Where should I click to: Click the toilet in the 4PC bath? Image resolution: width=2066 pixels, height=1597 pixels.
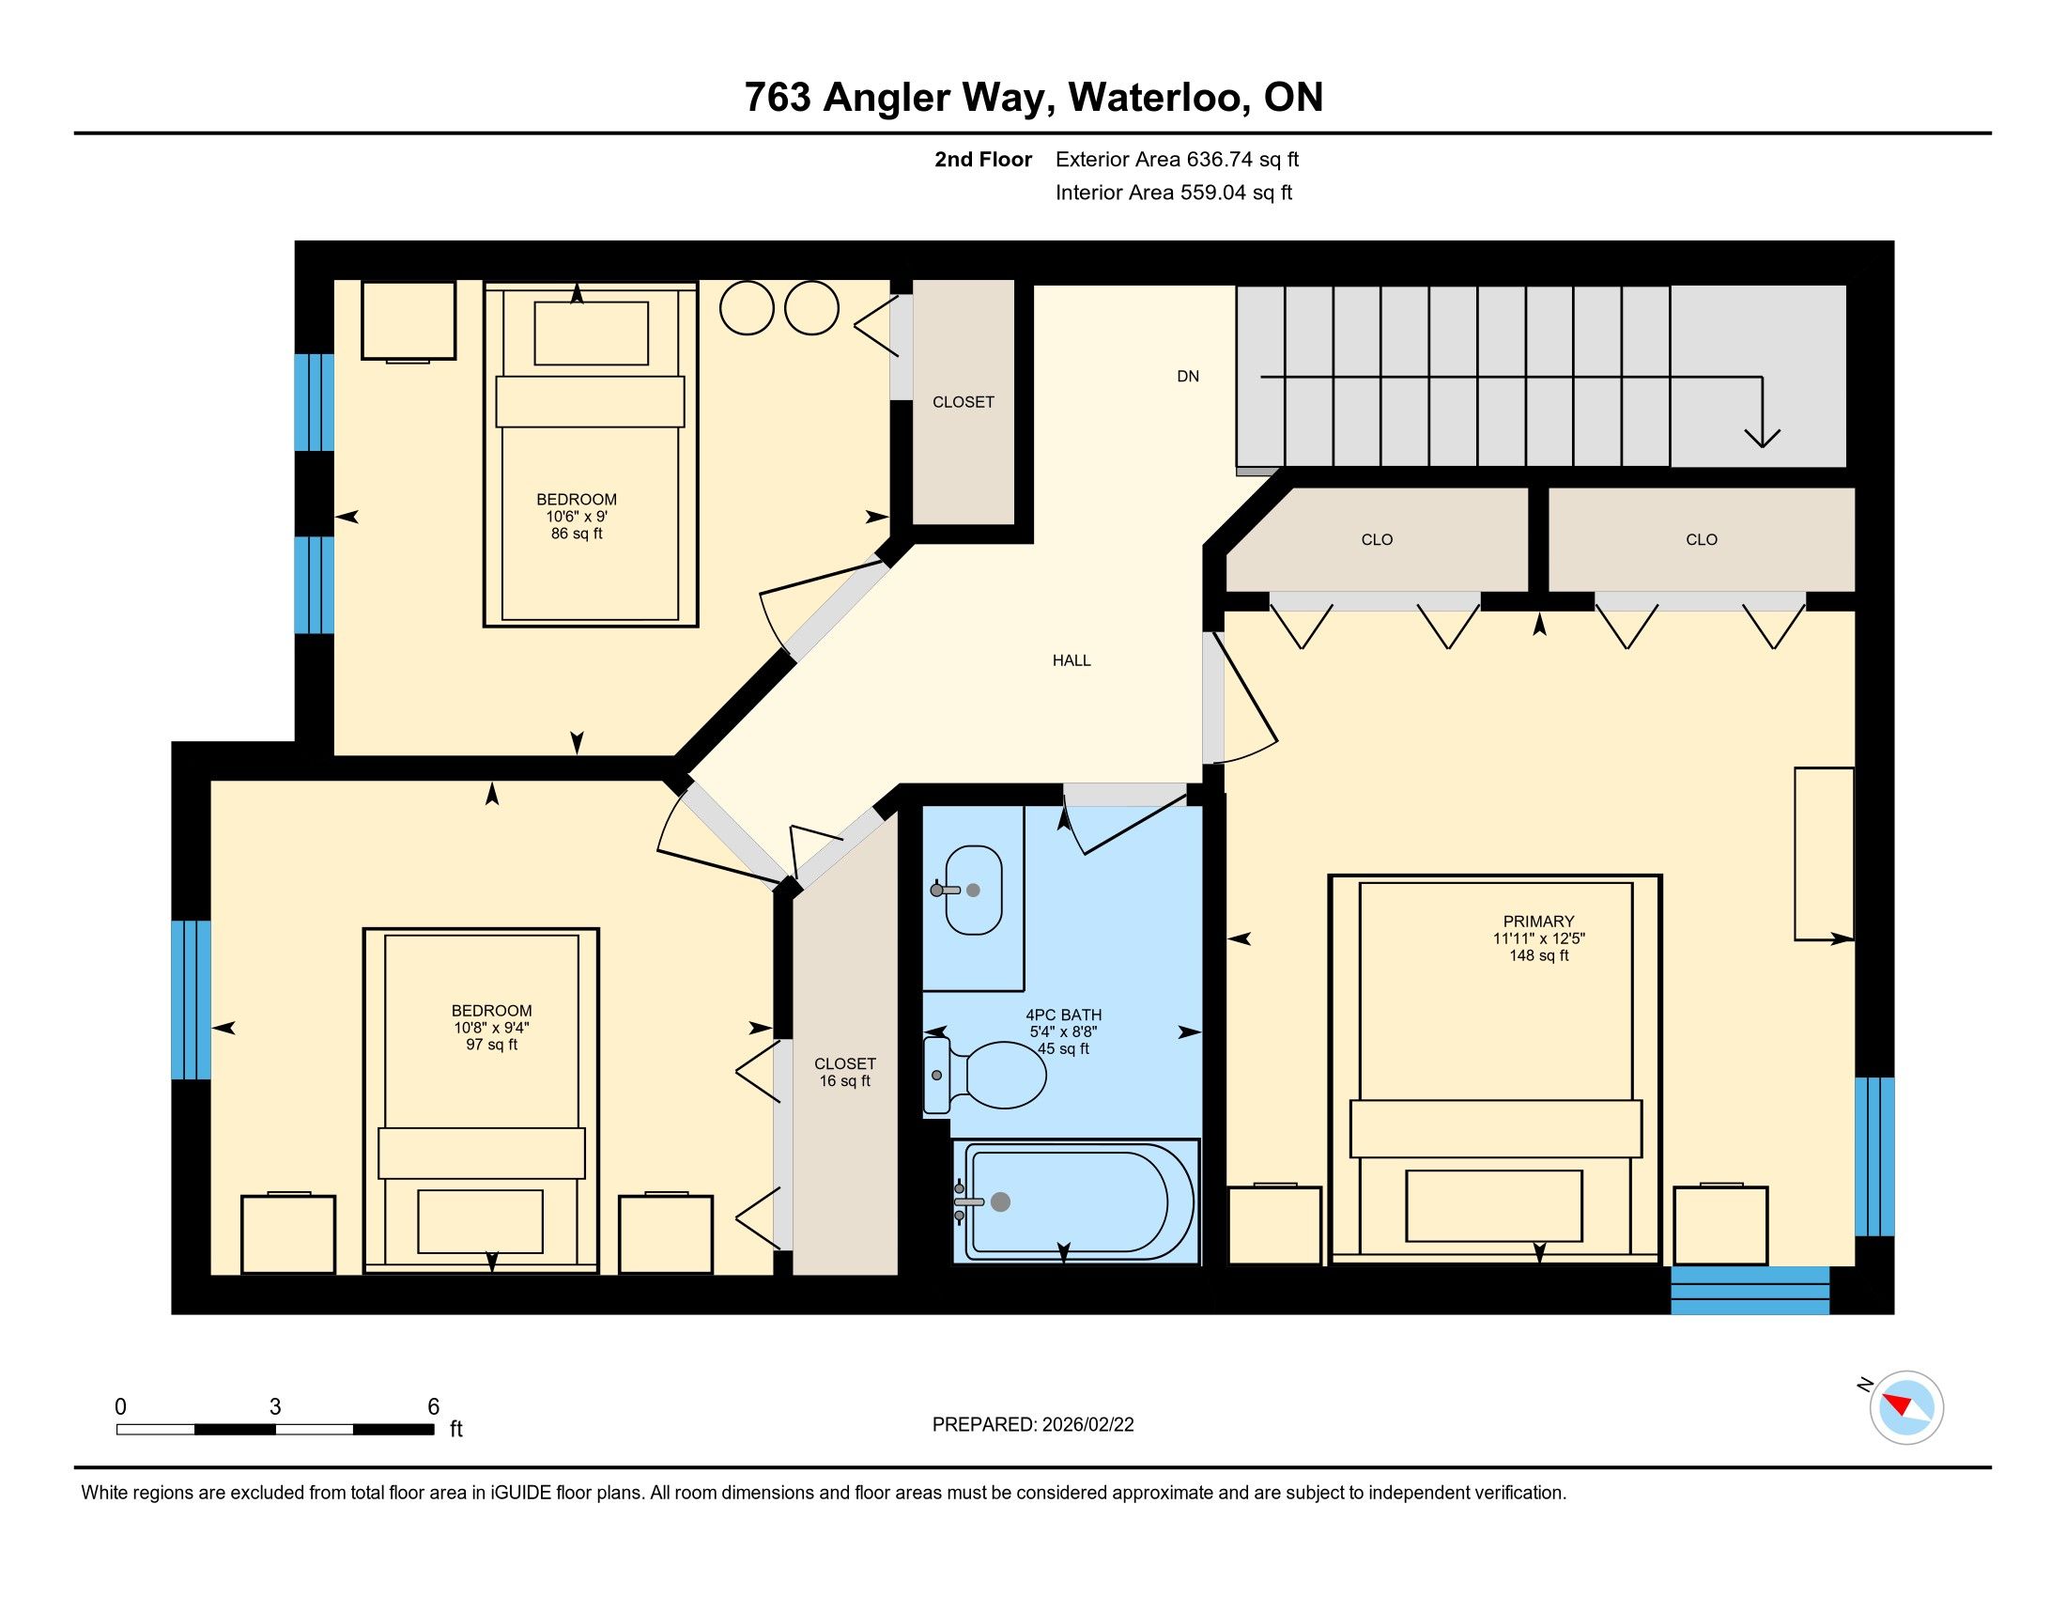[x=985, y=1075]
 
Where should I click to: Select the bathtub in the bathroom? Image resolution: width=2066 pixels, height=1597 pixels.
[x=1076, y=1201]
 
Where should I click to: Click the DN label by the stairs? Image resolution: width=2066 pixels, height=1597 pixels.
[x=1188, y=377]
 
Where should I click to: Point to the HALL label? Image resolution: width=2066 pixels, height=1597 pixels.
[x=1072, y=660]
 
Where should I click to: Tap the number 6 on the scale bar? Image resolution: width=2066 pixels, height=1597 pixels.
[x=433, y=1407]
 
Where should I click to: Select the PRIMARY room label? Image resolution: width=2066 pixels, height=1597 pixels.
[x=1539, y=921]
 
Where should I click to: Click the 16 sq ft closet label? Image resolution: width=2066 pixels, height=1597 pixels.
[x=845, y=1080]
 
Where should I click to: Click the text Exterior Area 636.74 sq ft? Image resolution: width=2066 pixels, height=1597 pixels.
[x=1177, y=159]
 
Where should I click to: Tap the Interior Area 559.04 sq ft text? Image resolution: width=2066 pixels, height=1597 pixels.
[x=1173, y=192]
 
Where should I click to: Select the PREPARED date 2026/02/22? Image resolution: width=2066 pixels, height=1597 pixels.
[x=1033, y=1425]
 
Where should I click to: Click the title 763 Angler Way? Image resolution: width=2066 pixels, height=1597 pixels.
[x=900, y=98]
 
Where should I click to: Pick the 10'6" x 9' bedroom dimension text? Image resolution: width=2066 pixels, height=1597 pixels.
[x=576, y=517]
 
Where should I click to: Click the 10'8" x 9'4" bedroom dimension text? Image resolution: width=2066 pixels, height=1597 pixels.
[x=492, y=1028]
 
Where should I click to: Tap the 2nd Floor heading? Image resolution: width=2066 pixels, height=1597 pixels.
[x=983, y=159]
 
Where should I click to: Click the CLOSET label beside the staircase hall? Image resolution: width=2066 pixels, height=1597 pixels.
[x=963, y=402]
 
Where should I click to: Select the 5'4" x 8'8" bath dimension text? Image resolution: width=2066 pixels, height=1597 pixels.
[x=1064, y=1032]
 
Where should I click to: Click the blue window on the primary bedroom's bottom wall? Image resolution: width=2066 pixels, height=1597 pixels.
[x=1750, y=1291]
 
